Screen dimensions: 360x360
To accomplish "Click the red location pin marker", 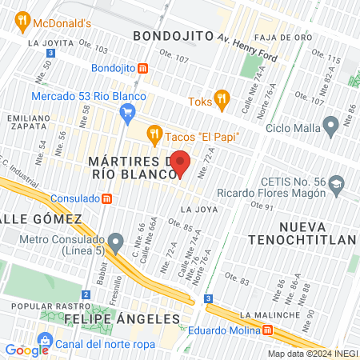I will coord(181,164).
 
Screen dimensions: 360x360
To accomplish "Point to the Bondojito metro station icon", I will coord(142,69).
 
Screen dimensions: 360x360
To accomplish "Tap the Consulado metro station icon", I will coord(106,198).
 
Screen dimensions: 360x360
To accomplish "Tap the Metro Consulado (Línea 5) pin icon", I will coord(117,241).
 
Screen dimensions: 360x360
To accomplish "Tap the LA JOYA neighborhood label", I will coord(198,209).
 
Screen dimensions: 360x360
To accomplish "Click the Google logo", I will coord(26,350).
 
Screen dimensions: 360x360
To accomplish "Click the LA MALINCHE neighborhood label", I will coord(275,314).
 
